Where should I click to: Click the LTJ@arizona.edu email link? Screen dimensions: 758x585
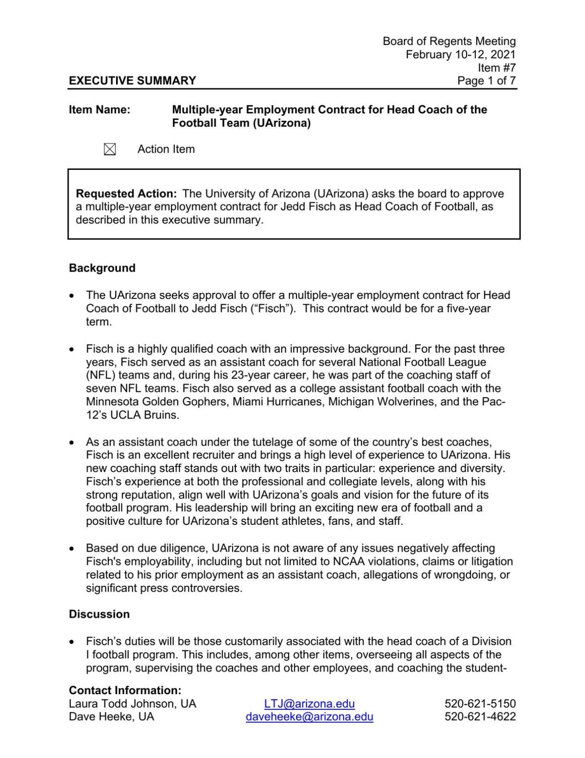(309, 703)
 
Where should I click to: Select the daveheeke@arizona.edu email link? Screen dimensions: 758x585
(309, 717)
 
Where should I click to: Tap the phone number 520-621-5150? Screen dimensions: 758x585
(480, 703)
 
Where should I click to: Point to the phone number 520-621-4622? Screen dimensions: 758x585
(480, 717)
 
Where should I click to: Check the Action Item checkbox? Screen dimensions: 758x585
(110, 149)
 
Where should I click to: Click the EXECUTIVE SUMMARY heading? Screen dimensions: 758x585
(132, 80)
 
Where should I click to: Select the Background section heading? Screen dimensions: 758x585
(102, 268)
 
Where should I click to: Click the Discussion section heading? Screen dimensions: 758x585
(99, 614)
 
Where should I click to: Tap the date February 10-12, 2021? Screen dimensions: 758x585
(460, 54)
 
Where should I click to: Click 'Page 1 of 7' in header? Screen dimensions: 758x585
(486, 80)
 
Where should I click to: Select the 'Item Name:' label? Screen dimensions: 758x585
(99, 110)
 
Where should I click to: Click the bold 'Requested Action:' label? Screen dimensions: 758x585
(126, 194)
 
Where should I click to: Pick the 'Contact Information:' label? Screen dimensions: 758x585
(125, 690)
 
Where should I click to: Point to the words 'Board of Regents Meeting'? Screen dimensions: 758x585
(448, 41)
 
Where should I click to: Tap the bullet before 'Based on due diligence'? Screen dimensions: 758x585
(72, 549)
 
